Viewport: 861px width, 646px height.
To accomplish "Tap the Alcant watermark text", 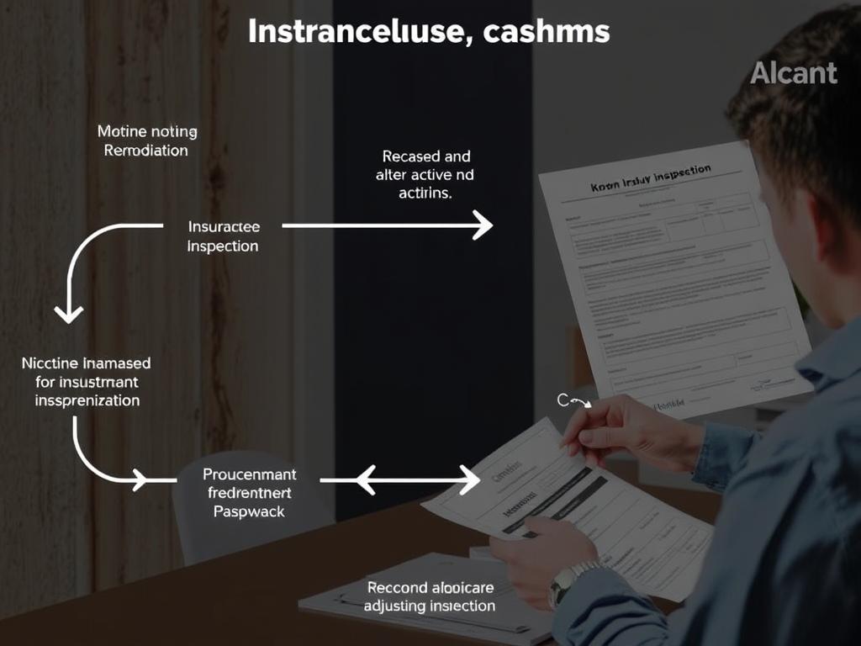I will [794, 73].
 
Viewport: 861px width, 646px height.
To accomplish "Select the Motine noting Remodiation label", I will [146, 140].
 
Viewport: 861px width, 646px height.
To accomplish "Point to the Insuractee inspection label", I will [223, 236].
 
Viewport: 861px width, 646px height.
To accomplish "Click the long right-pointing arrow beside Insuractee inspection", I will [387, 225].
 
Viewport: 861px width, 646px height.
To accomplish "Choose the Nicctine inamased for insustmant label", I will [87, 382].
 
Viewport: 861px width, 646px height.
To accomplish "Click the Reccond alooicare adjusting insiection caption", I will [430, 596].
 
